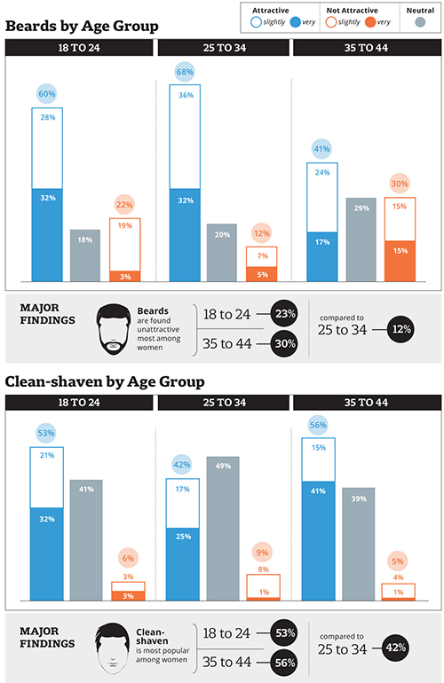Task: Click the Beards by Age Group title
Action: click(82, 26)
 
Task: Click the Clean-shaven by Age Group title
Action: click(106, 382)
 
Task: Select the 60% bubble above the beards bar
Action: click(47, 93)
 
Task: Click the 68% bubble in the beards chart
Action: click(185, 70)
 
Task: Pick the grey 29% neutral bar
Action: click(361, 239)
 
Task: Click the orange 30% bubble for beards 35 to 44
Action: click(400, 184)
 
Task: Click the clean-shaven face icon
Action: click(108, 642)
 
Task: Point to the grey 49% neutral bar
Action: click(222, 529)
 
